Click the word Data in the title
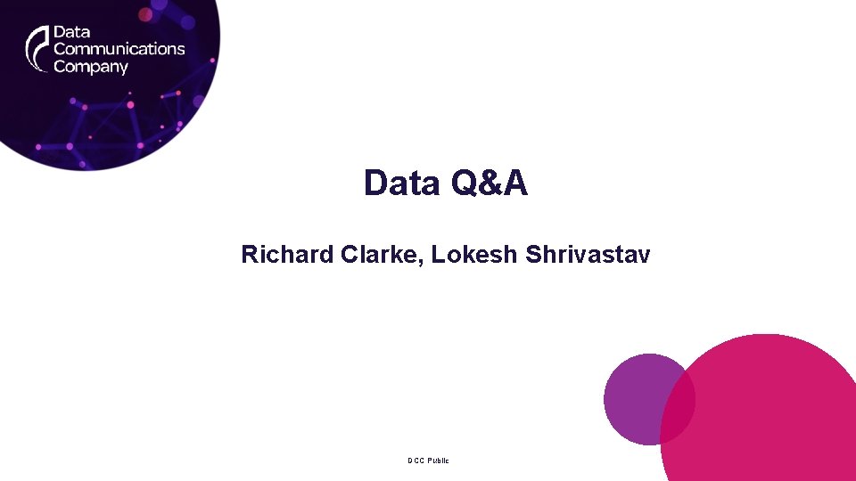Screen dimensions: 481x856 pyautogui.click(x=403, y=183)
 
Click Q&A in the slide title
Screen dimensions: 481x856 pyautogui.click(x=490, y=183)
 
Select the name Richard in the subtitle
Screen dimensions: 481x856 pyautogui.click(x=288, y=255)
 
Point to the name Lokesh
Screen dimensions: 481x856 pyautogui.click(x=474, y=255)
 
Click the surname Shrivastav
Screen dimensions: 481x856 pyautogui.click(x=588, y=255)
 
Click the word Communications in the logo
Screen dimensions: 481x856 pyautogui.click(x=119, y=49)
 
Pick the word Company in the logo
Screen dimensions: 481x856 pyautogui.click(x=91, y=67)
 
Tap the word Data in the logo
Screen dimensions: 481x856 pyautogui.click(x=71, y=32)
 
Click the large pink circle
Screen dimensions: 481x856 pyautogui.click(x=767, y=419)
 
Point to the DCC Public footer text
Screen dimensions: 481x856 pyautogui.click(x=429, y=461)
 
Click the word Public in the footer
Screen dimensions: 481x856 pyautogui.click(x=438, y=461)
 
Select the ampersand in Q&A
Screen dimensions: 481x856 pyautogui.click(x=490, y=183)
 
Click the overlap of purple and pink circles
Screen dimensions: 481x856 pyautogui.click(x=681, y=405)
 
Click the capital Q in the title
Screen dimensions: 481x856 pyautogui.click(x=465, y=183)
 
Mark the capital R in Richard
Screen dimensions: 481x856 pyautogui.click(x=249, y=255)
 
